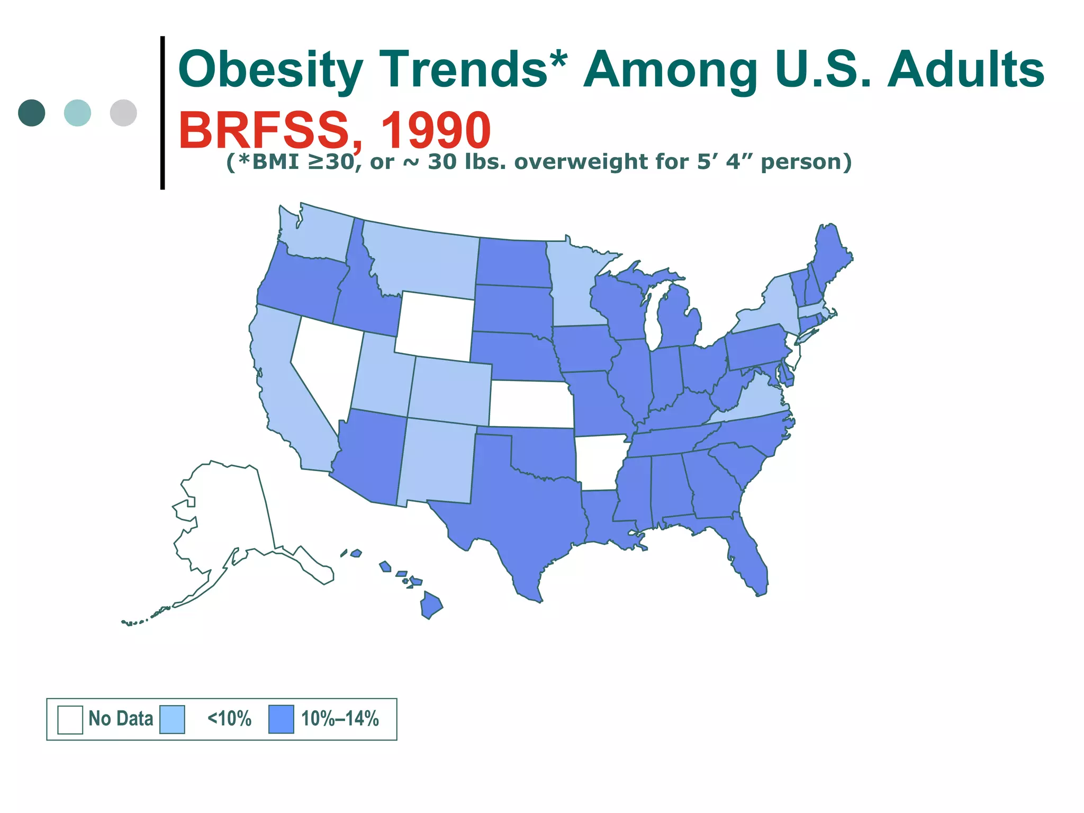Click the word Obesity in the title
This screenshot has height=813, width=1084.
point(270,70)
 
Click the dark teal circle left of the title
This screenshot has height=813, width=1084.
point(31,113)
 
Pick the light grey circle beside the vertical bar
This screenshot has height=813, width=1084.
point(123,113)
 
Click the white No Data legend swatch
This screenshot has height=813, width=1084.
point(70,719)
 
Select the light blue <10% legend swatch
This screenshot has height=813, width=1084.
point(172,719)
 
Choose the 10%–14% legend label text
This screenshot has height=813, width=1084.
point(340,719)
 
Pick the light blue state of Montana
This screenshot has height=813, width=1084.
point(423,259)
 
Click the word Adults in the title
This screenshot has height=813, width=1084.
point(965,70)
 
